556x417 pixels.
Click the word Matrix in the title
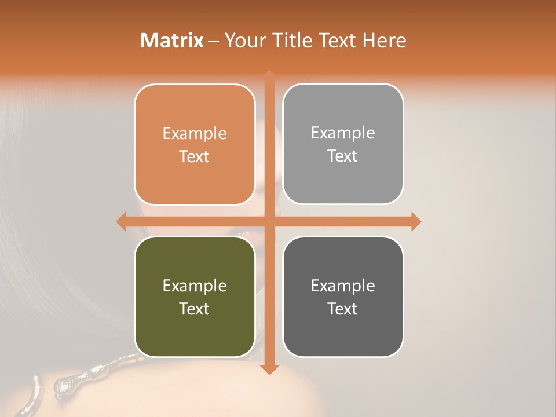pos(172,41)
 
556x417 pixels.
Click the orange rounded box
pos(195,144)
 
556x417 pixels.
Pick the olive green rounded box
pos(195,297)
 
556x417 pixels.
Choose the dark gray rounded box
pos(343,297)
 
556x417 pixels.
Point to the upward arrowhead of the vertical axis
pos(269,75)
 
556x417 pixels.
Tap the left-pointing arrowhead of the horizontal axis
pos(121,221)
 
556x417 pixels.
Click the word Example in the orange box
pos(195,133)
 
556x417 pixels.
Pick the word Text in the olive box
pos(195,309)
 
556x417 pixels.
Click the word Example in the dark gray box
pos(343,286)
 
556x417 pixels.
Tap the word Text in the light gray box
pos(343,156)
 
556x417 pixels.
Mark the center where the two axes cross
pos(269,221)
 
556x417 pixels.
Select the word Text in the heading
pos(336,41)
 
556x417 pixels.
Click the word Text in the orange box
pos(195,156)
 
